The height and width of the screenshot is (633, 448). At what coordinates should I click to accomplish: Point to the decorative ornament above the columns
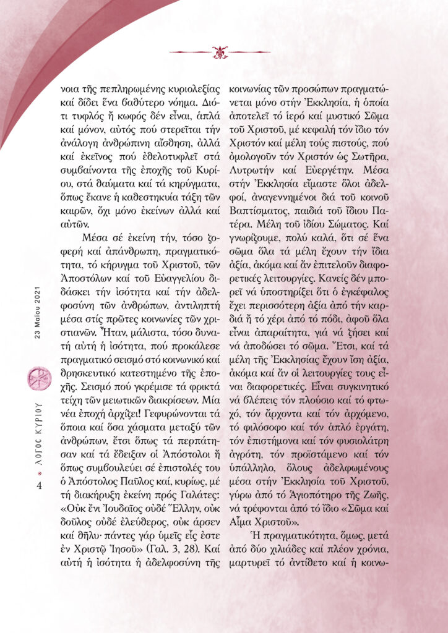tap(220, 51)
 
